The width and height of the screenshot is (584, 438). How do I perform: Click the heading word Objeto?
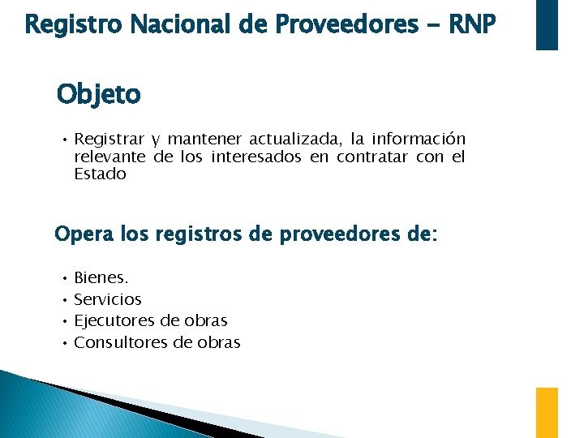98,95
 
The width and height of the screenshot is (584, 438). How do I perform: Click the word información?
419,140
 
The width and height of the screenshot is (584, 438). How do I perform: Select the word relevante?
109,157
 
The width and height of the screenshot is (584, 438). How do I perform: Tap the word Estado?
100,174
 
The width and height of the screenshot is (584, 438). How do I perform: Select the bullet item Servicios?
107,299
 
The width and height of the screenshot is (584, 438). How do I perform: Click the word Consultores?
121,342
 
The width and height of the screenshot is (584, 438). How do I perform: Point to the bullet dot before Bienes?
62,278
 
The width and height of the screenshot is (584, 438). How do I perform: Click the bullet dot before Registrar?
62,140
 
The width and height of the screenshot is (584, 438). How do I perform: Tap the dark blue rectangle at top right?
547,24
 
